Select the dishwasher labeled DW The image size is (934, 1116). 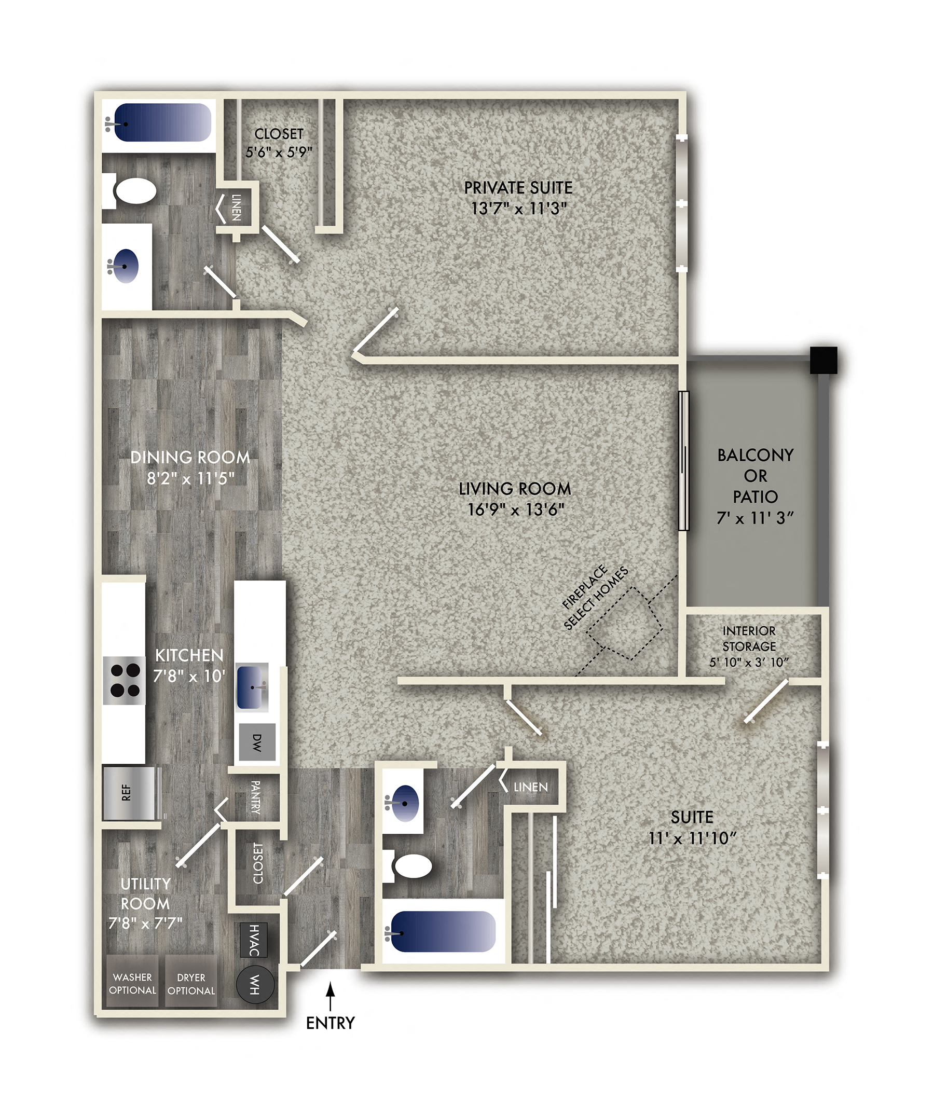click(257, 742)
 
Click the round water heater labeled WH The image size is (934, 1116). click(255, 984)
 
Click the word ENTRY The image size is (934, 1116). click(330, 1023)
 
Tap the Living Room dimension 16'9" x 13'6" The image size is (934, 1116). click(515, 509)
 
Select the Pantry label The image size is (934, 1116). click(255, 797)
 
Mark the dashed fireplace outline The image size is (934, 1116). click(625, 623)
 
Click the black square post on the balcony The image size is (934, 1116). click(823, 360)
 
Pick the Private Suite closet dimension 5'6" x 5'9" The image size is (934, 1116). click(279, 152)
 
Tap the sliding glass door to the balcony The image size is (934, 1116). click(683, 461)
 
